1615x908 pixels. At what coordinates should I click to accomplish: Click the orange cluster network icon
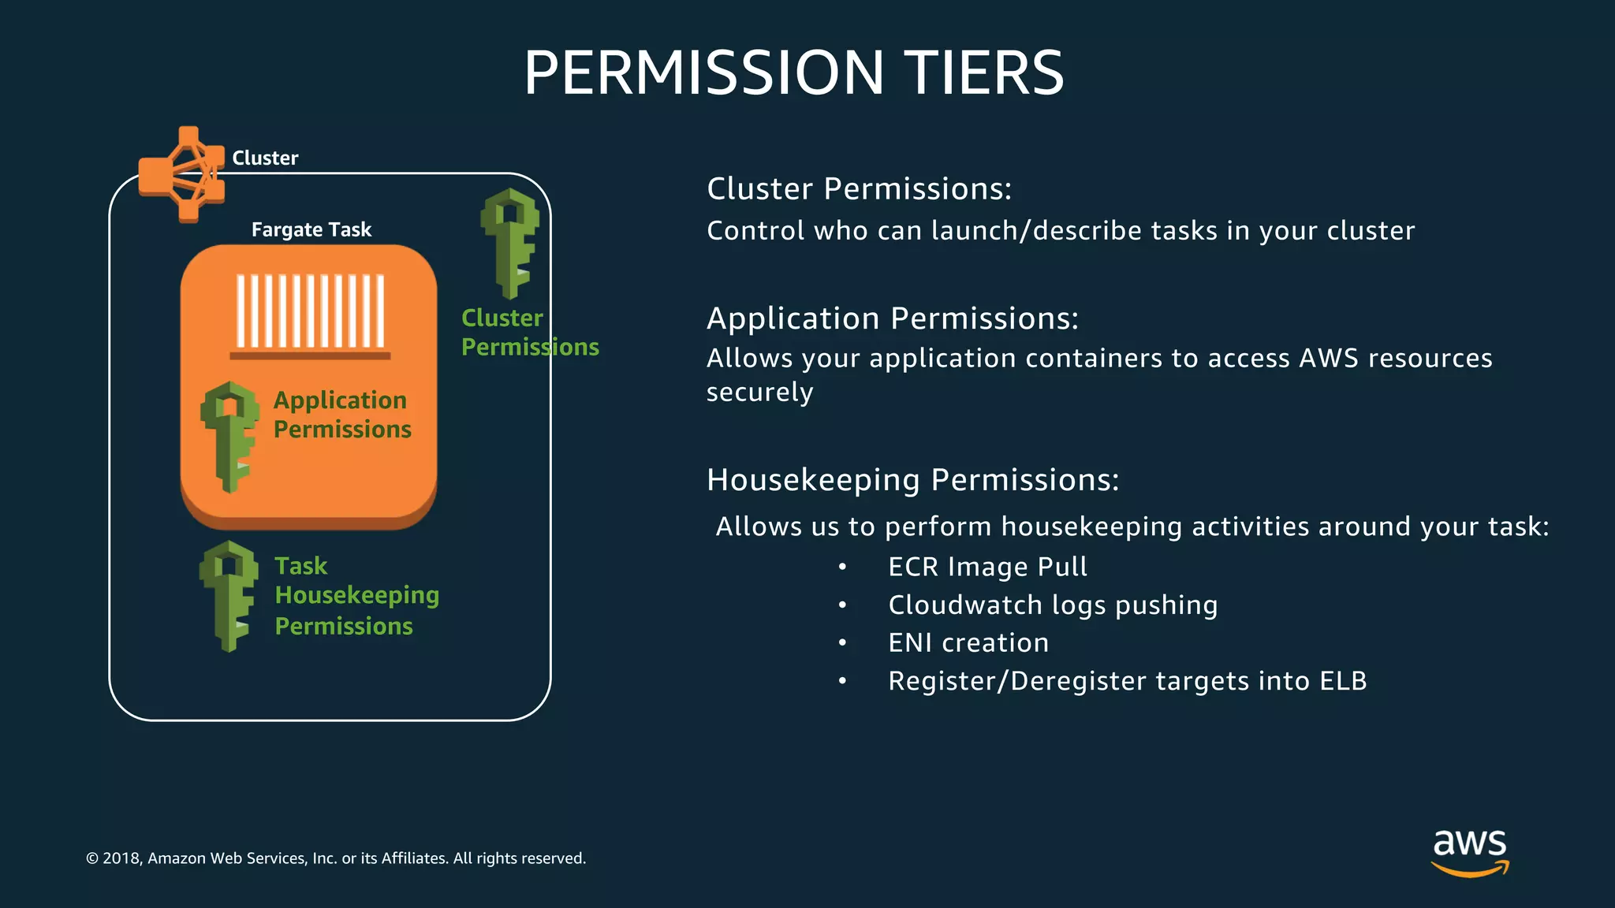[x=182, y=174]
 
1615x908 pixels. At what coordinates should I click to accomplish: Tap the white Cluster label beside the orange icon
[x=265, y=158]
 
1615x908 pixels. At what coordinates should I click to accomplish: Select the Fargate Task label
[x=311, y=229]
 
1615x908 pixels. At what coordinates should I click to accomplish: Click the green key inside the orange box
[x=229, y=436]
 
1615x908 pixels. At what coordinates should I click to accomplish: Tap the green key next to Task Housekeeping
[x=229, y=595]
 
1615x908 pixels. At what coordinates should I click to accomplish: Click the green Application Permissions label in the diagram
[x=341, y=415]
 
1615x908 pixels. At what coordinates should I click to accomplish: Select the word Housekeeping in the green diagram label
[x=356, y=595]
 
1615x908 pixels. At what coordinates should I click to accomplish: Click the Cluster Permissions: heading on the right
[x=859, y=189]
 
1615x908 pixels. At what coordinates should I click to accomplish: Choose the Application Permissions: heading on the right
[x=892, y=318]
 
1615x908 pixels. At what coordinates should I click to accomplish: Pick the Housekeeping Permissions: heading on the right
[x=912, y=480]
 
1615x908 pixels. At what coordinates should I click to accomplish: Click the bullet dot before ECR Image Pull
[x=842, y=567]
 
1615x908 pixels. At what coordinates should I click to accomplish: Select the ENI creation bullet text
[x=968, y=643]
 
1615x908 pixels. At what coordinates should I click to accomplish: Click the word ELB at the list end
[x=1343, y=681]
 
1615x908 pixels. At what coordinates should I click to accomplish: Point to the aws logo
[x=1470, y=851]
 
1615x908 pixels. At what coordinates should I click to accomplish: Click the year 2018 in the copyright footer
[x=121, y=858]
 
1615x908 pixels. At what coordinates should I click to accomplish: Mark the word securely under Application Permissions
[x=759, y=393]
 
